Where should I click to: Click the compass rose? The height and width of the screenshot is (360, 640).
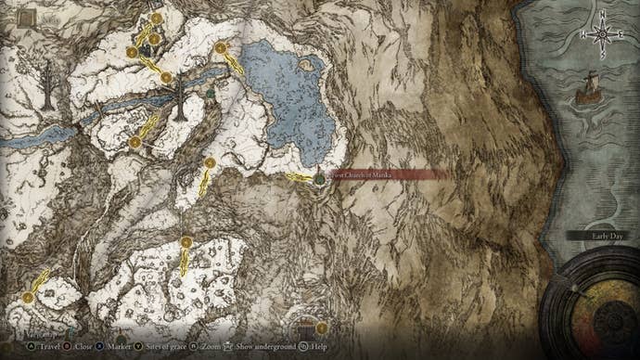601,34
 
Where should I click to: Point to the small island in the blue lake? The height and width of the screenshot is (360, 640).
302,66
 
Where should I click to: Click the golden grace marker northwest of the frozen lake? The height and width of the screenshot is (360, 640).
221,48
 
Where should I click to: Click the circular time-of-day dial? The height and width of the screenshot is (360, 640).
590,306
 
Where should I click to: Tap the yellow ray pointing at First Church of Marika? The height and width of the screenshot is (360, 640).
298,177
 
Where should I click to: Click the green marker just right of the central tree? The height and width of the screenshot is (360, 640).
211,93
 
